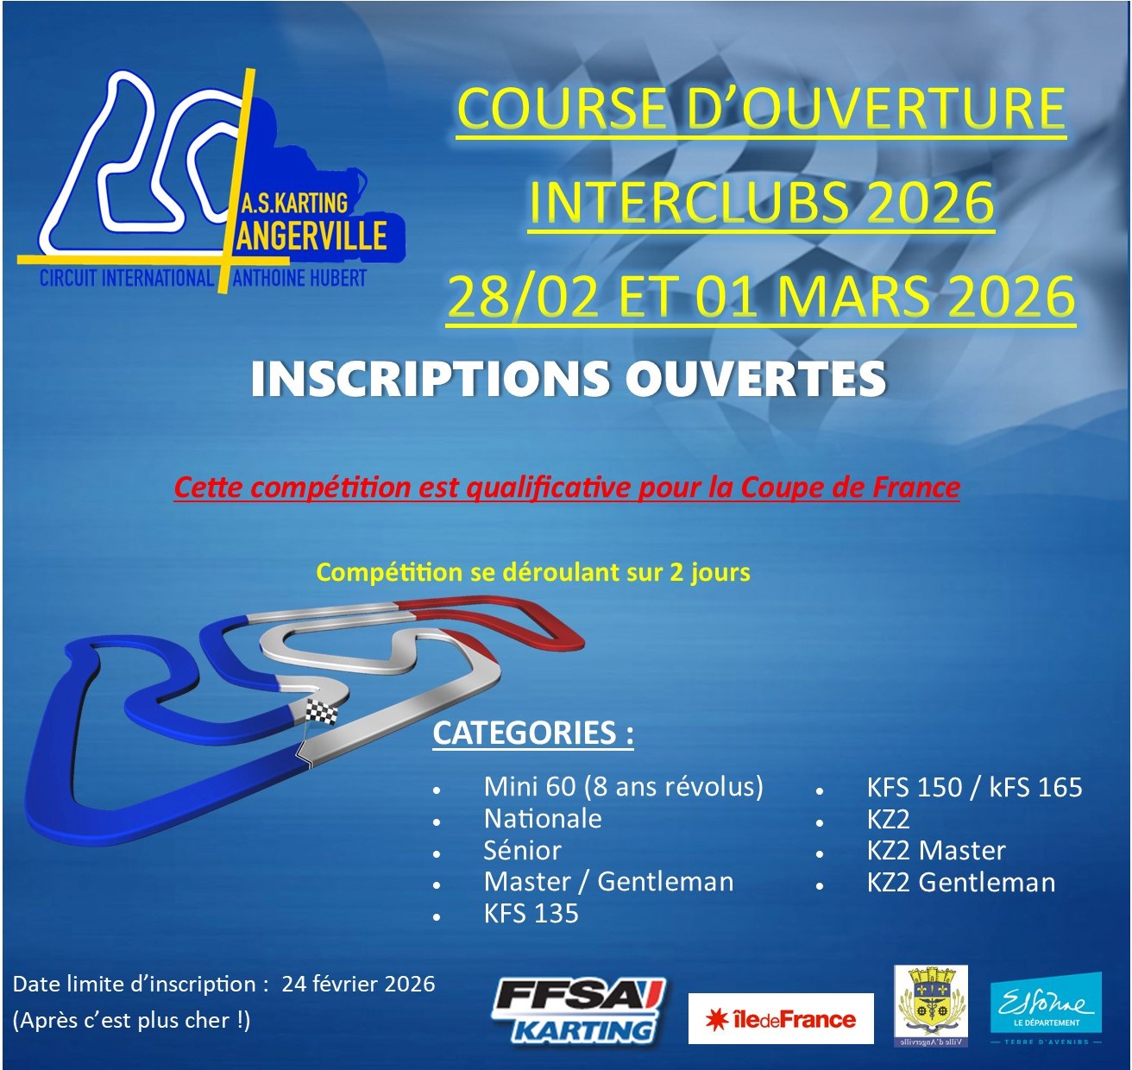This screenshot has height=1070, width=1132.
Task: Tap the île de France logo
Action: coord(781,1018)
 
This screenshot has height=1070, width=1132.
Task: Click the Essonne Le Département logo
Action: coord(1046,1005)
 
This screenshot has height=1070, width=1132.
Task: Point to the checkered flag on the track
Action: coord(321,711)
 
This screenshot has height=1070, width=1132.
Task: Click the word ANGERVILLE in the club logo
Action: coord(311,236)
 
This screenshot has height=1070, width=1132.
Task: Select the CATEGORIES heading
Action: coord(532,733)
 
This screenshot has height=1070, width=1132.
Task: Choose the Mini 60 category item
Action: coord(623,787)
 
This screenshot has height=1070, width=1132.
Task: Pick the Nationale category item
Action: coord(543,818)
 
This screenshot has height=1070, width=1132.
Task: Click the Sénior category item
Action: coord(522,850)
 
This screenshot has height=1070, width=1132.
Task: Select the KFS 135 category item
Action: coord(531,913)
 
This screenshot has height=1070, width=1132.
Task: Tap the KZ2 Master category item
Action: coord(936,850)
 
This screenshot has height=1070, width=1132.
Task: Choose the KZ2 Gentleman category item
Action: coord(961,882)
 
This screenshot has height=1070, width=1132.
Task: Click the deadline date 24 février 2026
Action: coord(358,984)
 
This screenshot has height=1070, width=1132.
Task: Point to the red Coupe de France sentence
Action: coord(567,488)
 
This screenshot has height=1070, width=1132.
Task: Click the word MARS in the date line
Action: coord(856,296)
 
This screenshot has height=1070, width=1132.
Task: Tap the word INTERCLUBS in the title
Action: coord(689,203)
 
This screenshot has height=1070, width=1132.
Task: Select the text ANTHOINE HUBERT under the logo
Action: coord(299,279)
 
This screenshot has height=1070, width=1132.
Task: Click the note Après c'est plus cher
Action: coord(132,1020)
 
